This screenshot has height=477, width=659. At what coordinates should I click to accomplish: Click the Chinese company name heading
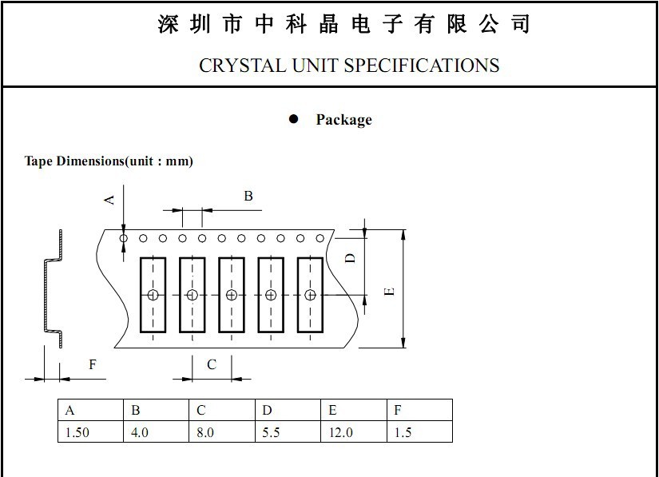pyautogui.click(x=343, y=25)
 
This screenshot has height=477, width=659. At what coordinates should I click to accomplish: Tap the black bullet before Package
pyautogui.click(x=293, y=119)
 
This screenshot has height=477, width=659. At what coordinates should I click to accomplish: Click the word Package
pyautogui.click(x=343, y=120)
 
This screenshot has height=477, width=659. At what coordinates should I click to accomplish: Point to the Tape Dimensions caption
pyautogui.click(x=109, y=161)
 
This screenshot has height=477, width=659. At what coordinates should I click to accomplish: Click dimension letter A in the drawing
pyautogui.click(x=110, y=198)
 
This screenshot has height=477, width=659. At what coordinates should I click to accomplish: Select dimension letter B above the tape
pyautogui.click(x=248, y=196)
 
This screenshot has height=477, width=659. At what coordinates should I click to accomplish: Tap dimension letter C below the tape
pyautogui.click(x=212, y=364)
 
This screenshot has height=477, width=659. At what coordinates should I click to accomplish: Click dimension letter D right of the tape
pyautogui.click(x=349, y=257)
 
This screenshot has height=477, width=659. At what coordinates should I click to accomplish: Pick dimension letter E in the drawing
pyautogui.click(x=389, y=291)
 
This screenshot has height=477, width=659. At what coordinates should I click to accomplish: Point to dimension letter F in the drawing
pyautogui.click(x=93, y=364)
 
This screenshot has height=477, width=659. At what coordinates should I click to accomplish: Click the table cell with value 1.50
pyautogui.click(x=90, y=432)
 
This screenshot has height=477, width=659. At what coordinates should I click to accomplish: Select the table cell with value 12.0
pyautogui.click(x=353, y=432)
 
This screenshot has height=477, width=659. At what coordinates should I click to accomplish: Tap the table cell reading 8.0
pyautogui.click(x=221, y=432)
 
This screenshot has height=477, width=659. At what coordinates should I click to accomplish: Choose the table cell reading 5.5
pyautogui.click(x=288, y=432)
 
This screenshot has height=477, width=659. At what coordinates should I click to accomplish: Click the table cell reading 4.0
pyautogui.click(x=156, y=432)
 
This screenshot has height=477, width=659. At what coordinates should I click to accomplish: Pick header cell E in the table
pyautogui.click(x=353, y=411)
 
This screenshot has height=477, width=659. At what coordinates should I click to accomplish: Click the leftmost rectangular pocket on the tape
pyautogui.click(x=153, y=295)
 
